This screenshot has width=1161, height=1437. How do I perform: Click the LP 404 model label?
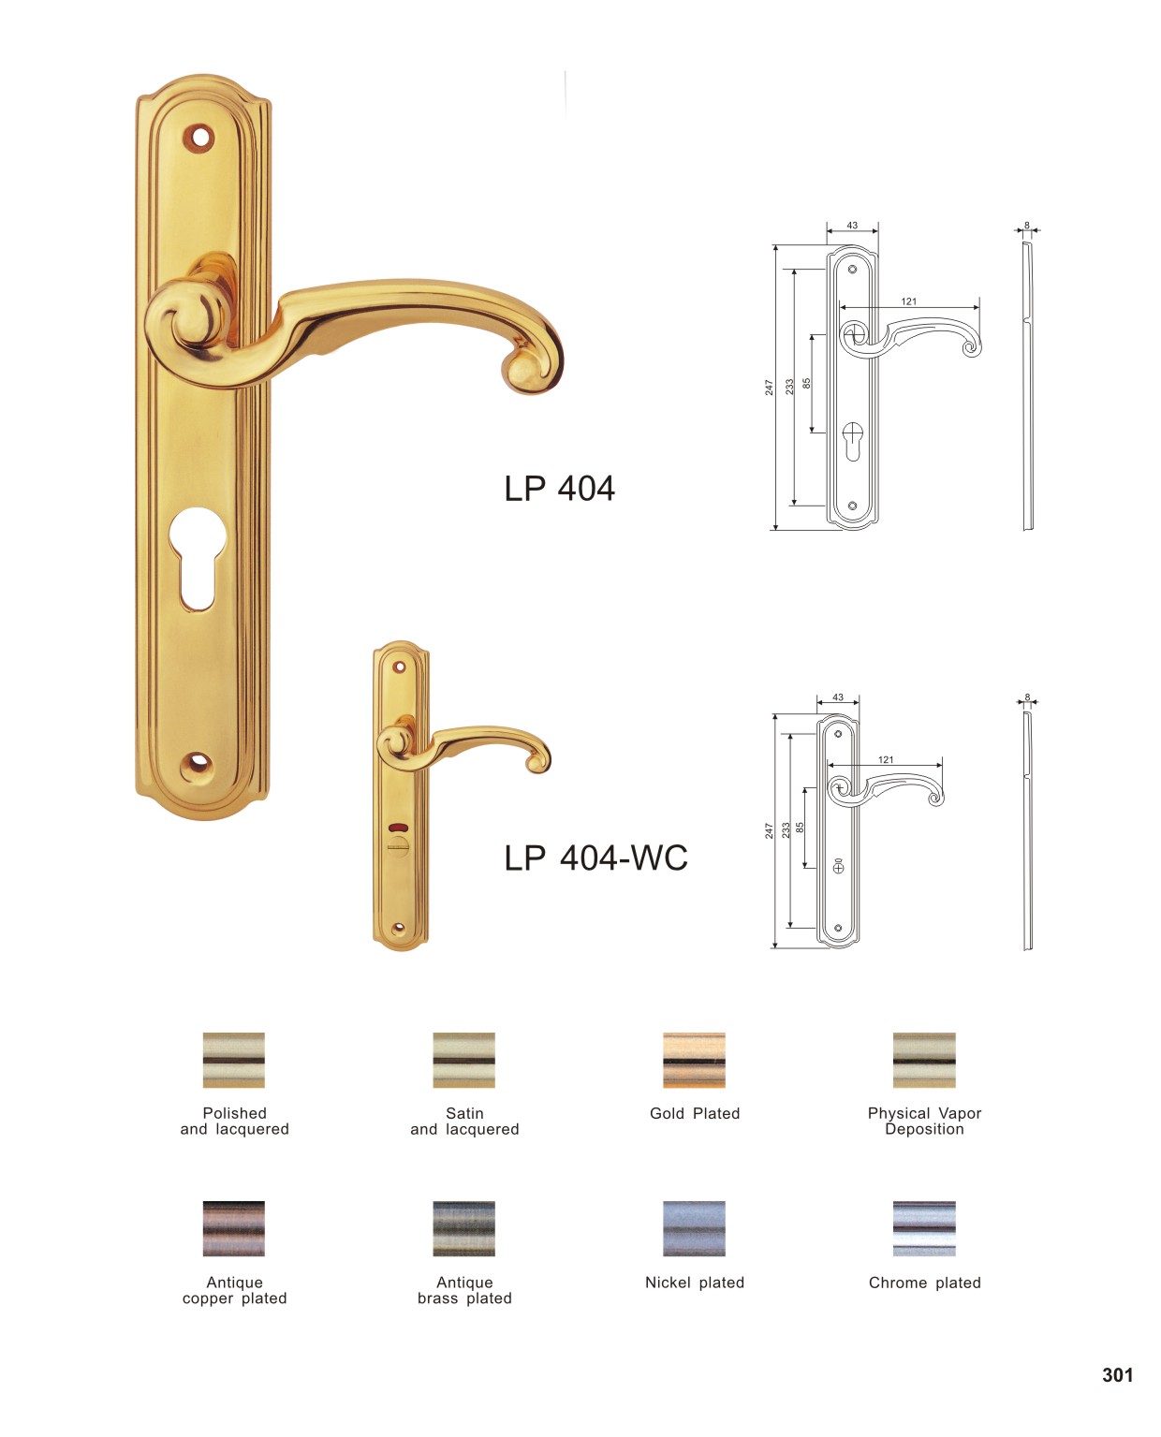559,489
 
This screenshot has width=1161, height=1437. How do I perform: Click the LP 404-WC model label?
595,858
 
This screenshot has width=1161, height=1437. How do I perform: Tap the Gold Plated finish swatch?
694,1060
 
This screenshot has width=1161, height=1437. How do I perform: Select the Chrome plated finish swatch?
923,1228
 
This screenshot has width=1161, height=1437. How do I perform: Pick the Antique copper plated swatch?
233,1228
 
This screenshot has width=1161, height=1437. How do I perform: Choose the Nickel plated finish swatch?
694,1228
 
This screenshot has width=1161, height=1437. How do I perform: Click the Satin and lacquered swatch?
463,1060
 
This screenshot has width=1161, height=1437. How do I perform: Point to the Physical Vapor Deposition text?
924,1122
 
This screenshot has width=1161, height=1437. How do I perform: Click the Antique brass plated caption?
464,1290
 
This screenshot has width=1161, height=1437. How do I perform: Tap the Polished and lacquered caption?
234,1122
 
